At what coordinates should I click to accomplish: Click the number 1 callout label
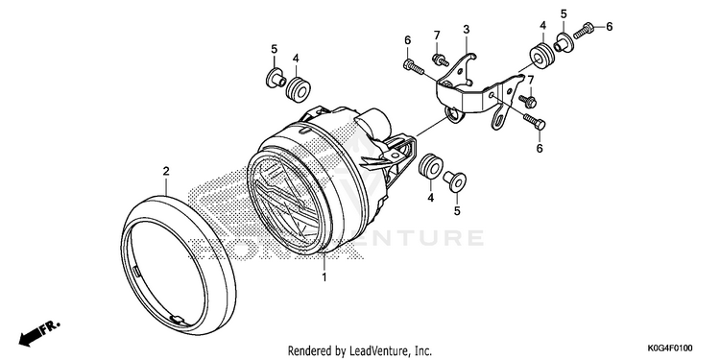[324, 277]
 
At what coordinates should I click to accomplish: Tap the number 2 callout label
[166, 171]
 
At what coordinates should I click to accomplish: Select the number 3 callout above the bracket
[466, 31]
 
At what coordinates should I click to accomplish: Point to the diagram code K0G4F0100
[670, 348]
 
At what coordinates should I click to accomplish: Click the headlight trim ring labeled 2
[179, 265]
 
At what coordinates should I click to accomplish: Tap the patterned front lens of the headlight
[286, 202]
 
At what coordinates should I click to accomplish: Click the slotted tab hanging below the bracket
[500, 117]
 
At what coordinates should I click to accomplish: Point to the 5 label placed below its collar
[457, 211]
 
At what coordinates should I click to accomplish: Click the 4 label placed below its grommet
[431, 198]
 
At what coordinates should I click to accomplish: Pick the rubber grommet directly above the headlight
[298, 89]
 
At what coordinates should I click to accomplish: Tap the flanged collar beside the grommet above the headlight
[275, 78]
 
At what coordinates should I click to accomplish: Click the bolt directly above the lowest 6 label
[534, 121]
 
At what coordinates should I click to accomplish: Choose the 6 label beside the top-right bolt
[610, 27]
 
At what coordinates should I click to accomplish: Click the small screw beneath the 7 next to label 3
[441, 60]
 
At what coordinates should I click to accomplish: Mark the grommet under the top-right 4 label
[541, 56]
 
